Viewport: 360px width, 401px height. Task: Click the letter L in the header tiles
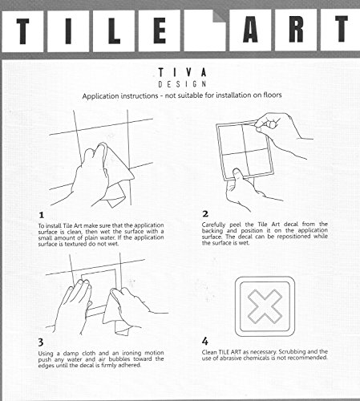point(114,30)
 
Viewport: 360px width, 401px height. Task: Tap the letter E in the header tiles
point(160,30)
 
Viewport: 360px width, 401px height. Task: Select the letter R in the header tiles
point(296,29)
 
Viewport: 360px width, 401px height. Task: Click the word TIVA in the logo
point(182,72)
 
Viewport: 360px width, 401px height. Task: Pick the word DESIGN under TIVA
point(182,84)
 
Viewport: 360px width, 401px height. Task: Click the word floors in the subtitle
point(273,95)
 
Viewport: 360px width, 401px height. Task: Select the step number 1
point(41,215)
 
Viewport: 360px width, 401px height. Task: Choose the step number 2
point(205,214)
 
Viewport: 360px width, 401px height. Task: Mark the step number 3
point(41,342)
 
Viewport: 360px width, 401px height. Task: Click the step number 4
point(205,341)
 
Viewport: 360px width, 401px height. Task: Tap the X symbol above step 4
point(265,306)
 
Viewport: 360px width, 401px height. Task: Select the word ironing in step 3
point(131,353)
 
